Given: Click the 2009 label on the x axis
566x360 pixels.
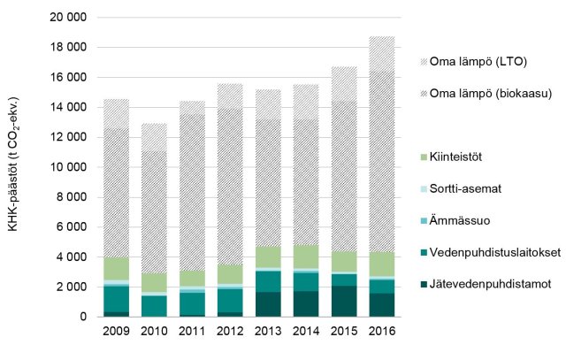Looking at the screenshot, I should (117, 332).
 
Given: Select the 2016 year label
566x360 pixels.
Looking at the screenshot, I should (381, 332).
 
